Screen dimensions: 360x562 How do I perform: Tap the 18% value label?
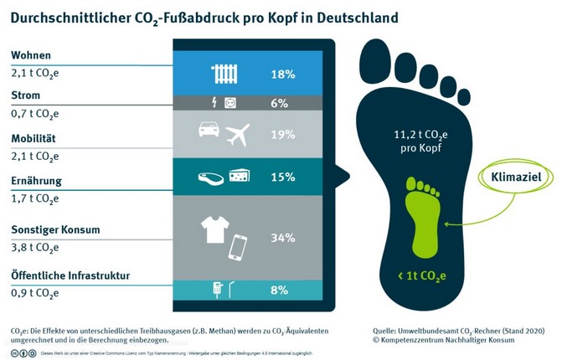[x=283, y=75]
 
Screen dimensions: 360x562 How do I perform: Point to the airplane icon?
[x=238, y=132]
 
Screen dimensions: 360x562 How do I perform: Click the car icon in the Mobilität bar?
[x=207, y=130]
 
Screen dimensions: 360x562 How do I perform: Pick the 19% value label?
[x=283, y=134]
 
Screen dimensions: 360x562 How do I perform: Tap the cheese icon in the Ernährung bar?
[x=240, y=176]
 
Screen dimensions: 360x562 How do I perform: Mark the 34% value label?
[x=283, y=238]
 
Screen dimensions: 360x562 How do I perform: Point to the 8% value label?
[x=280, y=291]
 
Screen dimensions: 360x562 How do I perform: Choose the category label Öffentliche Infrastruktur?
[x=70, y=275]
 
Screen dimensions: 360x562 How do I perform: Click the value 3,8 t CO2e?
[x=34, y=248]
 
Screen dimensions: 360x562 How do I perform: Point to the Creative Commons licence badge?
[x=22, y=353]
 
